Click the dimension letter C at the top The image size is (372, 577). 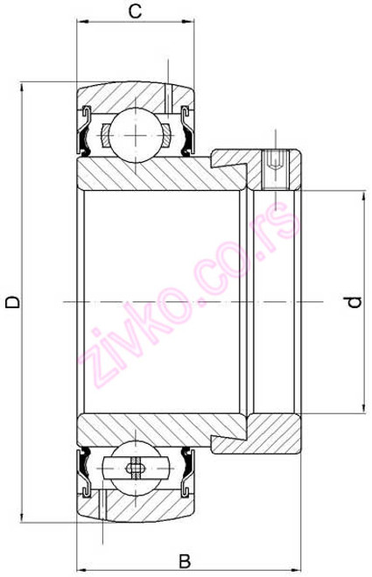coord(136,11)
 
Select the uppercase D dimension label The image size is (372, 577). coord(12,302)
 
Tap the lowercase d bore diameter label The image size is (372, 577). coord(352,302)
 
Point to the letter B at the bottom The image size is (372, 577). coord(185,560)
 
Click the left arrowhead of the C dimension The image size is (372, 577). coord(81,28)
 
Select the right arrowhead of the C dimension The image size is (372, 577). coord(190,28)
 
